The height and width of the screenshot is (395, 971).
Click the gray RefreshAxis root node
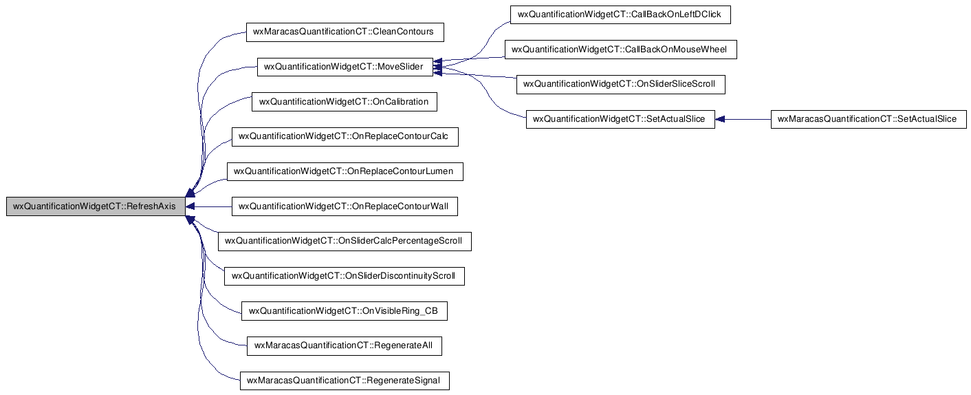click(x=96, y=206)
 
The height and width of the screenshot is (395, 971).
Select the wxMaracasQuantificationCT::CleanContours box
click(x=345, y=32)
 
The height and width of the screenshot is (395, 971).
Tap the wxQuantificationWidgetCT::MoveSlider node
click(x=345, y=67)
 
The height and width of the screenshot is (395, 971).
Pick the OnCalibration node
click(x=345, y=102)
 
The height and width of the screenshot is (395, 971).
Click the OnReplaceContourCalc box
click(x=345, y=136)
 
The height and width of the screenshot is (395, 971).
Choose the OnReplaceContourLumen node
click(x=345, y=172)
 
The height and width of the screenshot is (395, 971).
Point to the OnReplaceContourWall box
click(x=345, y=206)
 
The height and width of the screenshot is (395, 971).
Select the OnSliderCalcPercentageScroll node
click(x=345, y=242)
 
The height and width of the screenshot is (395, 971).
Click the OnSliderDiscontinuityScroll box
click(x=345, y=276)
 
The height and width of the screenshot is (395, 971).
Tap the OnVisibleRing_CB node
click(x=345, y=311)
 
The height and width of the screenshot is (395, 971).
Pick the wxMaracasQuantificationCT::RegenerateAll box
click(x=345, y=346)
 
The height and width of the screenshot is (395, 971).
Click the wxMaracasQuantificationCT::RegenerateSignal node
click(x=345, y=381)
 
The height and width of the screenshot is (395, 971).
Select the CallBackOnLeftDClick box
click(x=620, y=14)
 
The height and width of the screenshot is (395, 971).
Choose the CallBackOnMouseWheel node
click(x=621, y=50)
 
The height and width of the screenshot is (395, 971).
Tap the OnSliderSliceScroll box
click(x=621, y=84)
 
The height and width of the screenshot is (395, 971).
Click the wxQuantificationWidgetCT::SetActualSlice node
click(x=620, y=119)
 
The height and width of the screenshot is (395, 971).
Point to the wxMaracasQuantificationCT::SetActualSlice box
click(x=869, y=119)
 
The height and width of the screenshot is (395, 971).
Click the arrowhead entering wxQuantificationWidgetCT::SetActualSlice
click(x=719, y=119)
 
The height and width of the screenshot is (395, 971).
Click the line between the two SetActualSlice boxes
click(x=743, y=119)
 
